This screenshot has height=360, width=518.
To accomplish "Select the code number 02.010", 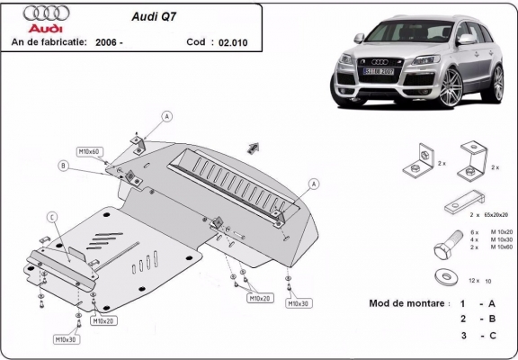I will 230,41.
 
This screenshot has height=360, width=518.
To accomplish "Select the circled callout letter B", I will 64,165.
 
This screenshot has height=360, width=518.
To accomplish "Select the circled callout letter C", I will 52,216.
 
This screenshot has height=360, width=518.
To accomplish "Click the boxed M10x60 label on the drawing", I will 89,151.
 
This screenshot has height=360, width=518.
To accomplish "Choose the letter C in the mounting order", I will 493,335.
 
